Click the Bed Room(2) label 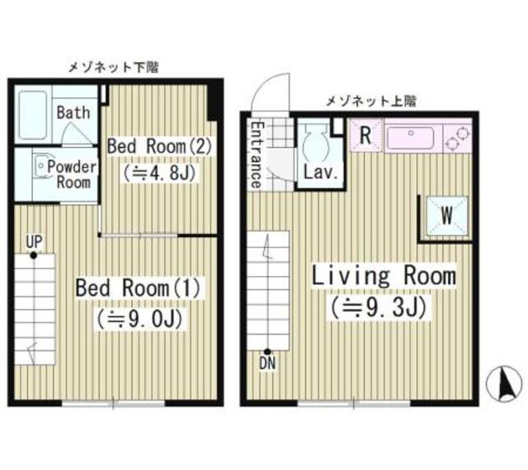(x=160, y=145)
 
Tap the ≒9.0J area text (x=139, y=317)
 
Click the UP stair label (x=33, y=241)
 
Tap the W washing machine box (x=445, y=216)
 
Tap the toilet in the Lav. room (x=313, y=147)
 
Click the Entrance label (x=256, y=155)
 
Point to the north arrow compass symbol (x=507, y=382)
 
